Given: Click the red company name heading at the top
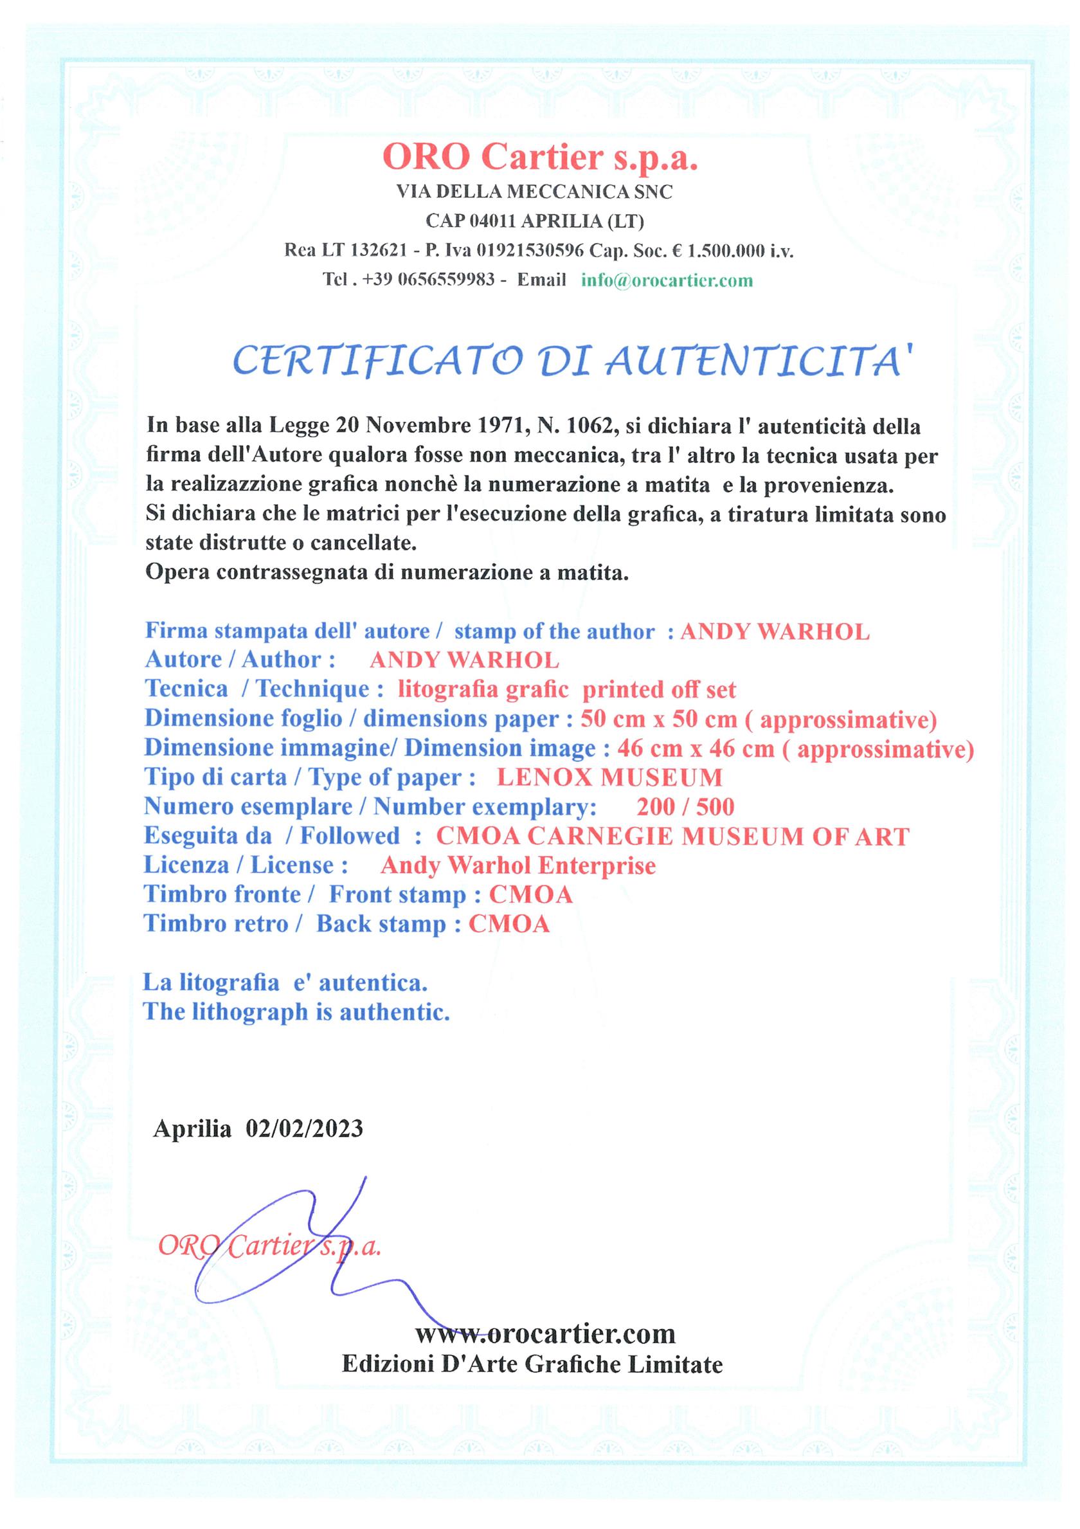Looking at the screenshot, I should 540,158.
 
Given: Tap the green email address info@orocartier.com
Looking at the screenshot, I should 667,280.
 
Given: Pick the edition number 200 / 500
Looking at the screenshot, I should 685,807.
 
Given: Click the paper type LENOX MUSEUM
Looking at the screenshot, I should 609,777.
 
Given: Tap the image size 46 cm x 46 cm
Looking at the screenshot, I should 695,748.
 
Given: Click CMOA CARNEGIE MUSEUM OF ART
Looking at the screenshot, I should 672,837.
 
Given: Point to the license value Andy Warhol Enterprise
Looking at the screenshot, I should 518,865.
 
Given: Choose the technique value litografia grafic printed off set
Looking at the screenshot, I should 566,689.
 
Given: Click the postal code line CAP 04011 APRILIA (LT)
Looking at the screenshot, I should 535,221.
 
